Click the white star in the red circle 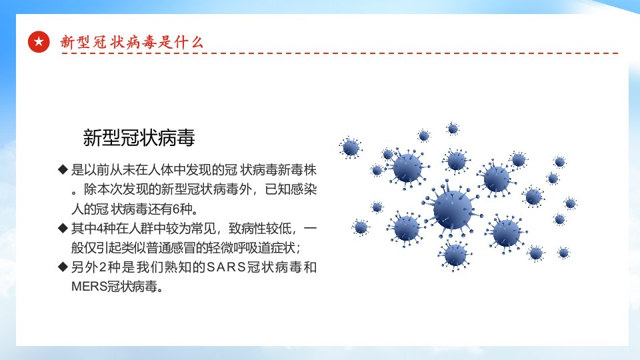click(x=39, y=41)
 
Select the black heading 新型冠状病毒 click(x=139, y=137)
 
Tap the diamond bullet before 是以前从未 click(x=63, y=169)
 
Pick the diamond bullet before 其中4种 click(x=63, y=228)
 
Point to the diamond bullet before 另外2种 click(x=63, y=267)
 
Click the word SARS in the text click(x=226, y=267)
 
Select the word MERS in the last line click(x=89, y=287)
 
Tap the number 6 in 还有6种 click(x=176, y=209)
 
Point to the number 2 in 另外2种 click(x=103, y=267)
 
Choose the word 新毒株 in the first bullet click(x=297, y=170)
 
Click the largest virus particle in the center click(x=452, y=210)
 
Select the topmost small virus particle click(x=453, y=129)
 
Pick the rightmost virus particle click(x=570, y=203)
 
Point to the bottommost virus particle click(x=455, y=255)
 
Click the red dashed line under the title click(x=339, y=53)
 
